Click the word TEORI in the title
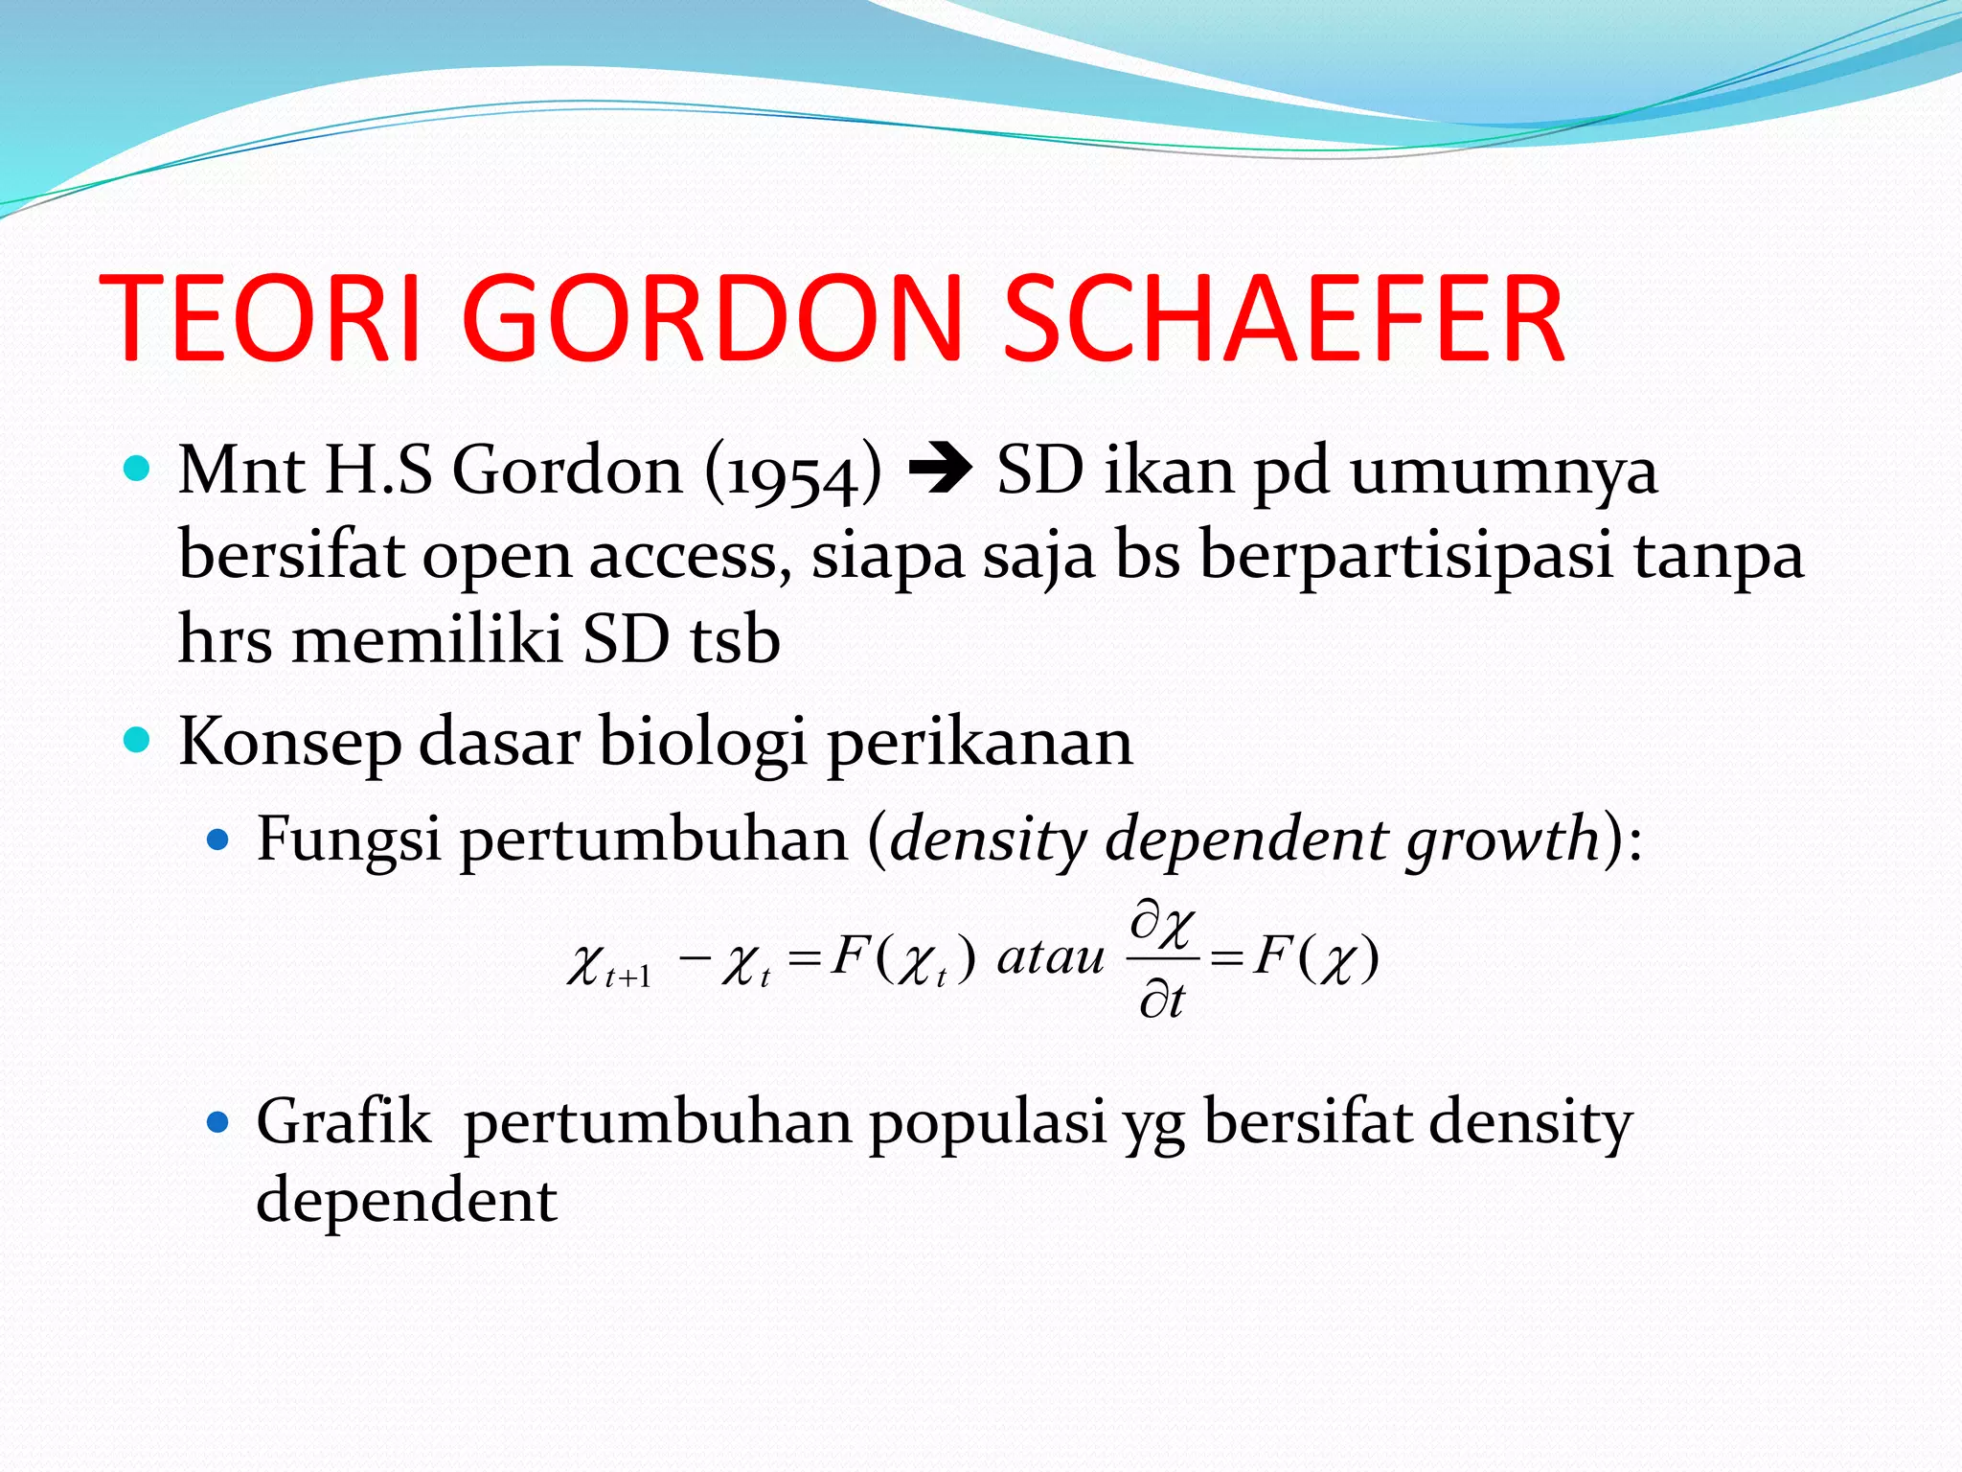click(261, 318)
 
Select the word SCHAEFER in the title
click(1284, 318)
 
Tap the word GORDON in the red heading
click(712, 318)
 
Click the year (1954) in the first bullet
click(793, 472)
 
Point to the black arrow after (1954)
click(940, 470)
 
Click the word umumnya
click(1503, 472)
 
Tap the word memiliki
click(427, 639)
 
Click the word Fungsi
click(349, 839)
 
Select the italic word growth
click(1502, 839)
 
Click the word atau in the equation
click(1051, 957)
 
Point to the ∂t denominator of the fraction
click(1162, 1000)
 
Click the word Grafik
click(343, 1121)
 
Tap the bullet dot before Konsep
click(138, 741)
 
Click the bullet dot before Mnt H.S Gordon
click(138, 469)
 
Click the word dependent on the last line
click(406, 1200)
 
